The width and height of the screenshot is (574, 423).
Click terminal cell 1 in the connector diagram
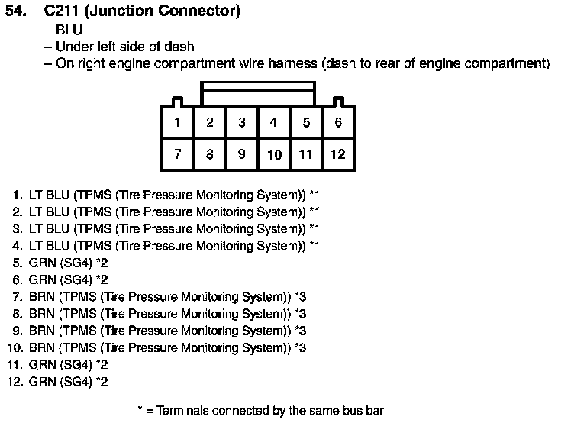click(177, 122)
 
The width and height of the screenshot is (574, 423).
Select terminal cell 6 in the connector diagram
click(338, 122)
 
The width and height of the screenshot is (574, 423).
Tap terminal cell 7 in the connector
click(177, 153)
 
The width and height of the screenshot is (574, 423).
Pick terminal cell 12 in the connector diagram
click(338, 153)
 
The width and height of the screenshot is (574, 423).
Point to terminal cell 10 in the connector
click(274, 153)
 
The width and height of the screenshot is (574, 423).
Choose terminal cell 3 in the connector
click(242, 122)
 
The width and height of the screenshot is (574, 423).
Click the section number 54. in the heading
click(16, 11)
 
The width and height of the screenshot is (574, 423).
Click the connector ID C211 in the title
click(61, 11)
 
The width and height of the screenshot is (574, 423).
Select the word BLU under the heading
click(69, 30)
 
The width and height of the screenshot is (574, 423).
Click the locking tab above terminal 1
click(178, 102)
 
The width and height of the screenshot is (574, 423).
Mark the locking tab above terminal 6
click(338, 102)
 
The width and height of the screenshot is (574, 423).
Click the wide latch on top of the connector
click(258, 93)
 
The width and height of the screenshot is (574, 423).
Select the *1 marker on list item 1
click(314, 195)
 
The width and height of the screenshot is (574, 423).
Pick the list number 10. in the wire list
click(15, 347)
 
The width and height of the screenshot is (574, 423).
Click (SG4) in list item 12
click(76, 382)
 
